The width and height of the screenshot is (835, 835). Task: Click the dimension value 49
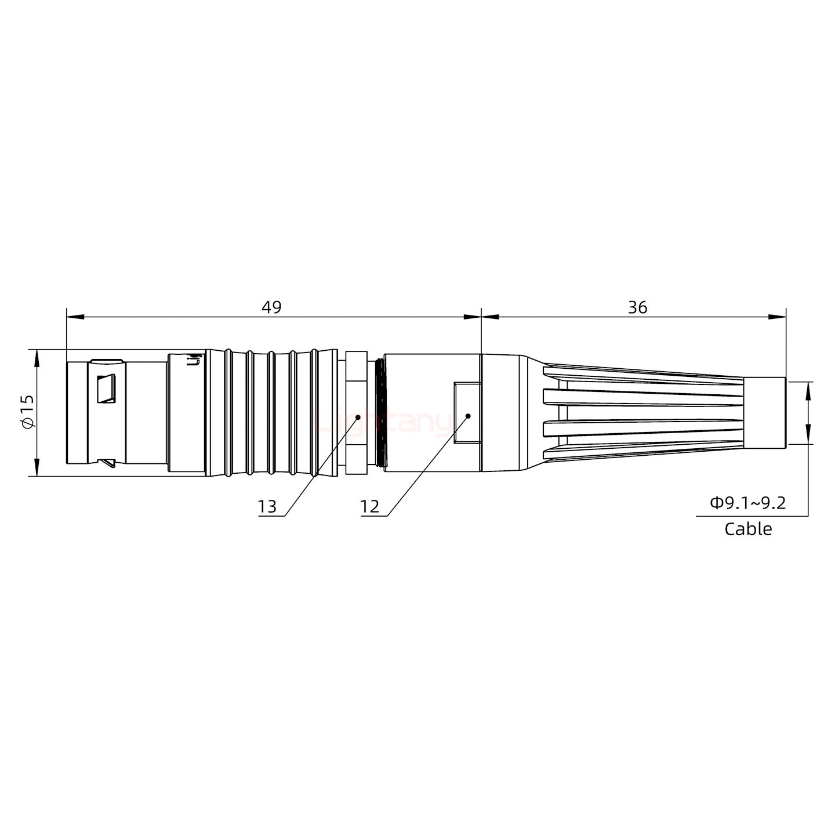tap(271, 307)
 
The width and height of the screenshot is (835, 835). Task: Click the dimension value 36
tap(637, 307)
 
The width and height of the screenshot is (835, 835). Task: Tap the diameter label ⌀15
tap(27, 413)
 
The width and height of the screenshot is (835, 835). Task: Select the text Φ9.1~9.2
tap(748, 503)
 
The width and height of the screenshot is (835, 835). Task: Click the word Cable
tap(748, 529)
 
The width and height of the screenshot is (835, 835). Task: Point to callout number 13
tap(267, 507)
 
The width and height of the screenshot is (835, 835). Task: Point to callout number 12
tap(369, 507)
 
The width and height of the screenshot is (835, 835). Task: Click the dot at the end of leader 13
tap(358, 416)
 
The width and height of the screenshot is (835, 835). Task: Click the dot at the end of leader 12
tap(467, 416)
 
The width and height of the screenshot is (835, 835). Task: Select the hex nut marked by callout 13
tap(355, 412)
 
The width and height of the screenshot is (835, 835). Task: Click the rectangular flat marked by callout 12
tap(467, 413)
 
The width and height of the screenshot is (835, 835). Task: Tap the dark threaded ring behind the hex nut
tap(380, 412)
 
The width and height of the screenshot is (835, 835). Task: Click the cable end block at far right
tap(765, 412)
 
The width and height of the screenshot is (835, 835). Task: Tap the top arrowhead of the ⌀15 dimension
tap(37, 358)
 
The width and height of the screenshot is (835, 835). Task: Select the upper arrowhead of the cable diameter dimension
tap(808, 390)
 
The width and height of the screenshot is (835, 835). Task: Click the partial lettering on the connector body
tap(195, 360)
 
